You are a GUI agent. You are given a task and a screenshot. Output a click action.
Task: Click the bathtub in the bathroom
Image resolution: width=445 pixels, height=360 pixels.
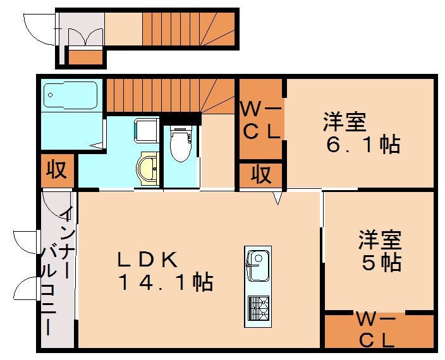tap(71, 97)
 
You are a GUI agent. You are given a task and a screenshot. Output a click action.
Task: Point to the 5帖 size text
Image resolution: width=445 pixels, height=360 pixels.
tap(382, 261)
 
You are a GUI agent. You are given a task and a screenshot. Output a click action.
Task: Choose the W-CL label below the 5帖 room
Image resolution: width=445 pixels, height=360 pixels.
tap(377, 330)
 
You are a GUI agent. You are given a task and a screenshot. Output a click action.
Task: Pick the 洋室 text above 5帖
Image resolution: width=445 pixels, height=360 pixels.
tap(380, 239)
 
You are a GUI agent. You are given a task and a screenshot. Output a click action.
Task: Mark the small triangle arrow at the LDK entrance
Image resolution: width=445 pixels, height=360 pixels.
tap(277, 199)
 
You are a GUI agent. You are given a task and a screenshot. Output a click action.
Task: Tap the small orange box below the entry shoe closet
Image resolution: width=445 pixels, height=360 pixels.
tap(85, 57)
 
